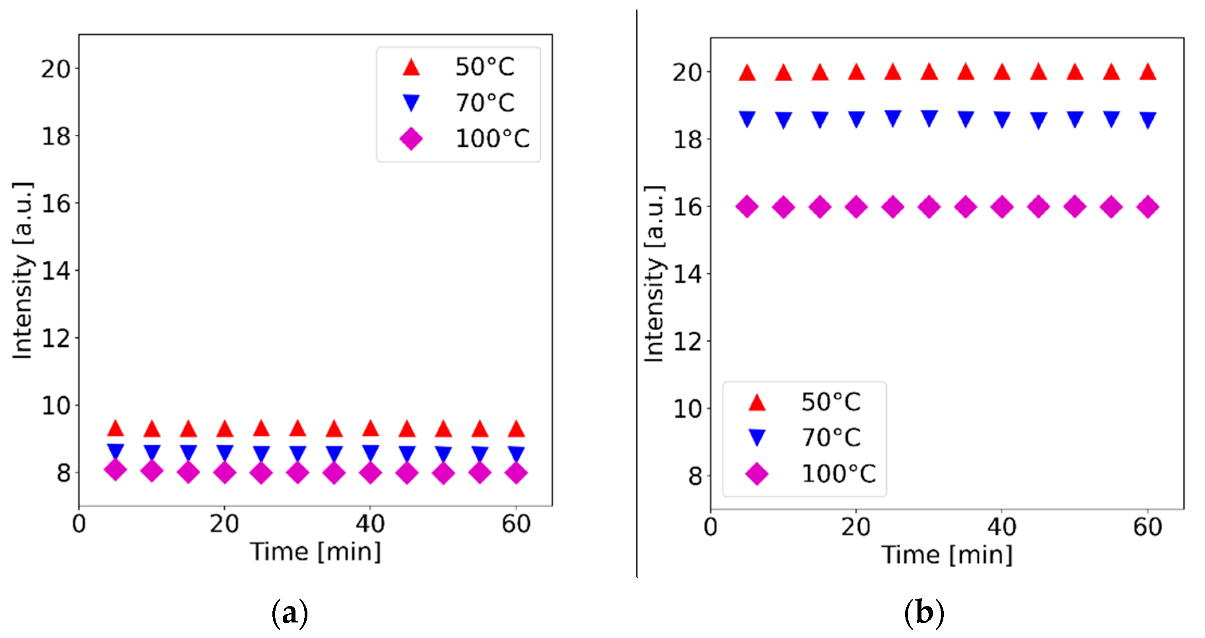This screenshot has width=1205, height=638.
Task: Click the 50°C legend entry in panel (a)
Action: [484, 67]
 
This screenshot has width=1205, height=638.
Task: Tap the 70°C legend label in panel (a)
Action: [485, 102]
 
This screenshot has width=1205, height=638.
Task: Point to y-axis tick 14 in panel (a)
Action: [56, 271]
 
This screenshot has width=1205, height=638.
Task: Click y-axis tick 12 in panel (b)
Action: [687, 342]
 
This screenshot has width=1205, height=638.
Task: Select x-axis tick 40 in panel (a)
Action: [370, 524]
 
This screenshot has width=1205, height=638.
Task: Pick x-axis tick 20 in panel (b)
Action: [856, 527]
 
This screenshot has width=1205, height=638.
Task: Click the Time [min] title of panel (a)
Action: [316, 552]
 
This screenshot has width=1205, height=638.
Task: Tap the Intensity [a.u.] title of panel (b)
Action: [654, 274]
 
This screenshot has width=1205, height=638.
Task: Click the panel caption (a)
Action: [290, 612]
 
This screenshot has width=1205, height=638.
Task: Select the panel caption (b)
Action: [924, 612]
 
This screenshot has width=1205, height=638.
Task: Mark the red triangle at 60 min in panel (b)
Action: [1148, 73]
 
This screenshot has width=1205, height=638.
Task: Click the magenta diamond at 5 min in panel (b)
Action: [747, 206]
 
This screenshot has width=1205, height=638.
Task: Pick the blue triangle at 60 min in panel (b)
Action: [1148, 120]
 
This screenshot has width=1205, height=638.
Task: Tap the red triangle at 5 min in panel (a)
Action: [115, 428]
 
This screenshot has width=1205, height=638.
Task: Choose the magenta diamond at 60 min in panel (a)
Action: [516, 472]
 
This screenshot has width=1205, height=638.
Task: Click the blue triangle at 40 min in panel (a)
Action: [370, 452]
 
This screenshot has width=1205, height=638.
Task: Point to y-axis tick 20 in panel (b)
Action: [687, 73]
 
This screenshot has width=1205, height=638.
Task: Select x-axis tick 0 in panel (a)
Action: [79, 524]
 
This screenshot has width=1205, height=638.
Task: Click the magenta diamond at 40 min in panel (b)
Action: [1002, 206]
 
